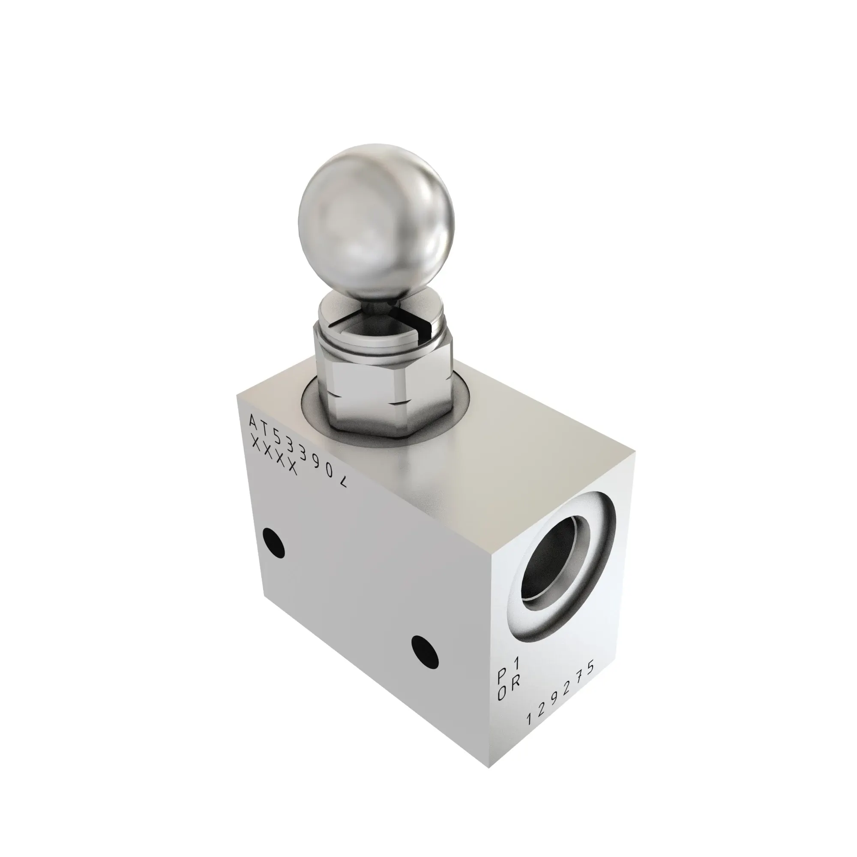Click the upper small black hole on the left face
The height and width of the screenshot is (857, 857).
click(273, 542)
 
